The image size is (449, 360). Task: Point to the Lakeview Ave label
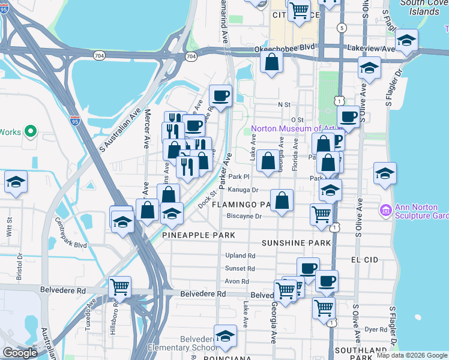point(370,49)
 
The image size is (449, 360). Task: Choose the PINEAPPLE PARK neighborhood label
point(199,235)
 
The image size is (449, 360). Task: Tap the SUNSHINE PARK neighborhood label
point(297,243)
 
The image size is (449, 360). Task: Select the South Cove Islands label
point(421,7)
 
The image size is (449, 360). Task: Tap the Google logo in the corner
point(20,353)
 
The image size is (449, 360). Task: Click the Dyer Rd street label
point(376,329)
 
